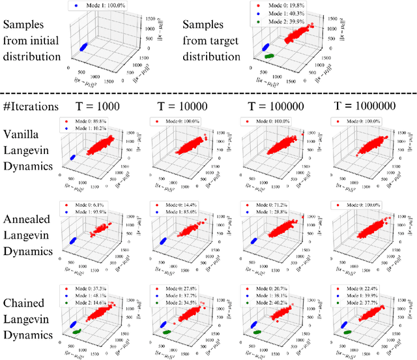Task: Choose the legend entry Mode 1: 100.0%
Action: [x=108, y=6]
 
